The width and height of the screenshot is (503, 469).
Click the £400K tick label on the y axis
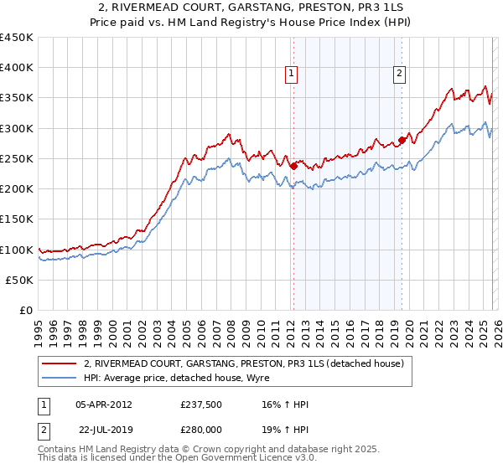pyautogui.click(x=16, y=68)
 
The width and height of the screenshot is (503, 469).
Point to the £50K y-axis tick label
pyautogui.click(x=19, y=280)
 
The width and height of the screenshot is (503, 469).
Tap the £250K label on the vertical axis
pyautogui.click(x=16, y=158)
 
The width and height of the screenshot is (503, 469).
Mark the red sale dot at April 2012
pyautogui.click(x=293, y=166)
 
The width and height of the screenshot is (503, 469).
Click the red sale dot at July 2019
pyautogui.click(x=402, y=141)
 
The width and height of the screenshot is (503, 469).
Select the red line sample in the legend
pyautogui.click(x=60, y=363)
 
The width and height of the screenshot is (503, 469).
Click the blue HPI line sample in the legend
pyautogui.click(x=60, y=378)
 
